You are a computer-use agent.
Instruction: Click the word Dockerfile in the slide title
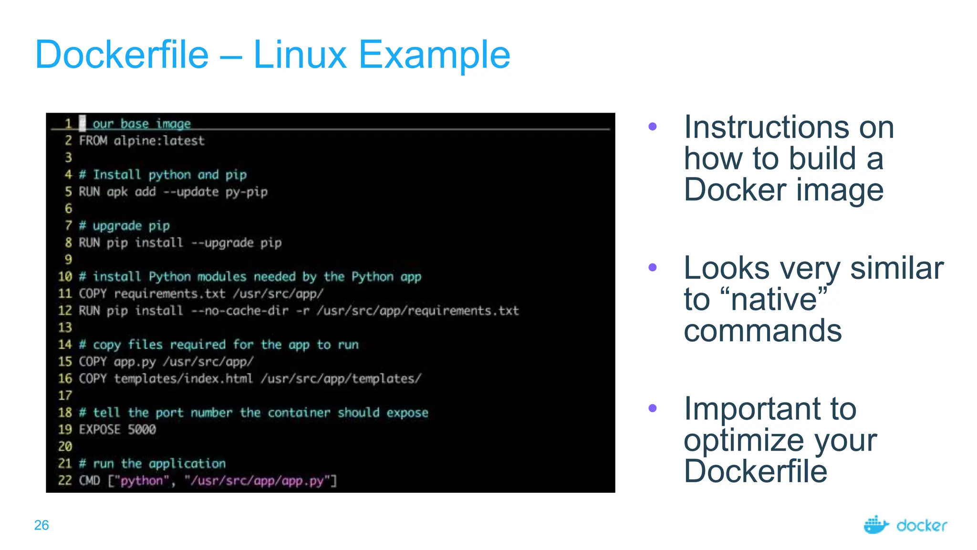tap(122, 55)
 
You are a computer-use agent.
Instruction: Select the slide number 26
tap(42, 525)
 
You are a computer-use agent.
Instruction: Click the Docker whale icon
tap(876, 525)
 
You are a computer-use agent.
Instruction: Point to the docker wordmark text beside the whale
tap(922, 526)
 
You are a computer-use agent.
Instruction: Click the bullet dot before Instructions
tap(653, 127)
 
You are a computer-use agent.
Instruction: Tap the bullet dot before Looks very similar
tap(653, 267)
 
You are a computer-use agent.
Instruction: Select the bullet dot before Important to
tap(653, 408)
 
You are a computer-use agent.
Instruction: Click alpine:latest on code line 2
tap(159, 141)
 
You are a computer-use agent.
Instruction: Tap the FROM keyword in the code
tap(93, 141)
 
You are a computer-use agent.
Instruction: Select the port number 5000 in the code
tap(142, 430)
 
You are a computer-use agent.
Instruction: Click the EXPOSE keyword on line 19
tap(100, 430)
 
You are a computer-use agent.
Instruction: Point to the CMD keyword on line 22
tap(89, 480)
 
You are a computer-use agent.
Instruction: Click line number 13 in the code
tap(65, 328)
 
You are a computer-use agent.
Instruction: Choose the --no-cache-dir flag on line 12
tap(240, 311)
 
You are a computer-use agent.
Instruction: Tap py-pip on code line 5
tap(247, 192)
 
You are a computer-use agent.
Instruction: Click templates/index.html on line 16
tap(183, 379)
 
